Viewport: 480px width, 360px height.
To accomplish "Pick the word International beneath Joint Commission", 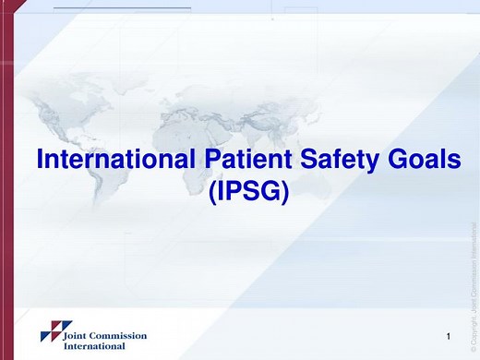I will click(93, 346).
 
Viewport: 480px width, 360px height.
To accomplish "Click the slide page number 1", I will click(448, 333).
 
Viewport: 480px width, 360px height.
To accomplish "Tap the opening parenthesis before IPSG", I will click(212, 194).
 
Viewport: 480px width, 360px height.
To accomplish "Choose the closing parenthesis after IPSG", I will click(285, 194).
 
